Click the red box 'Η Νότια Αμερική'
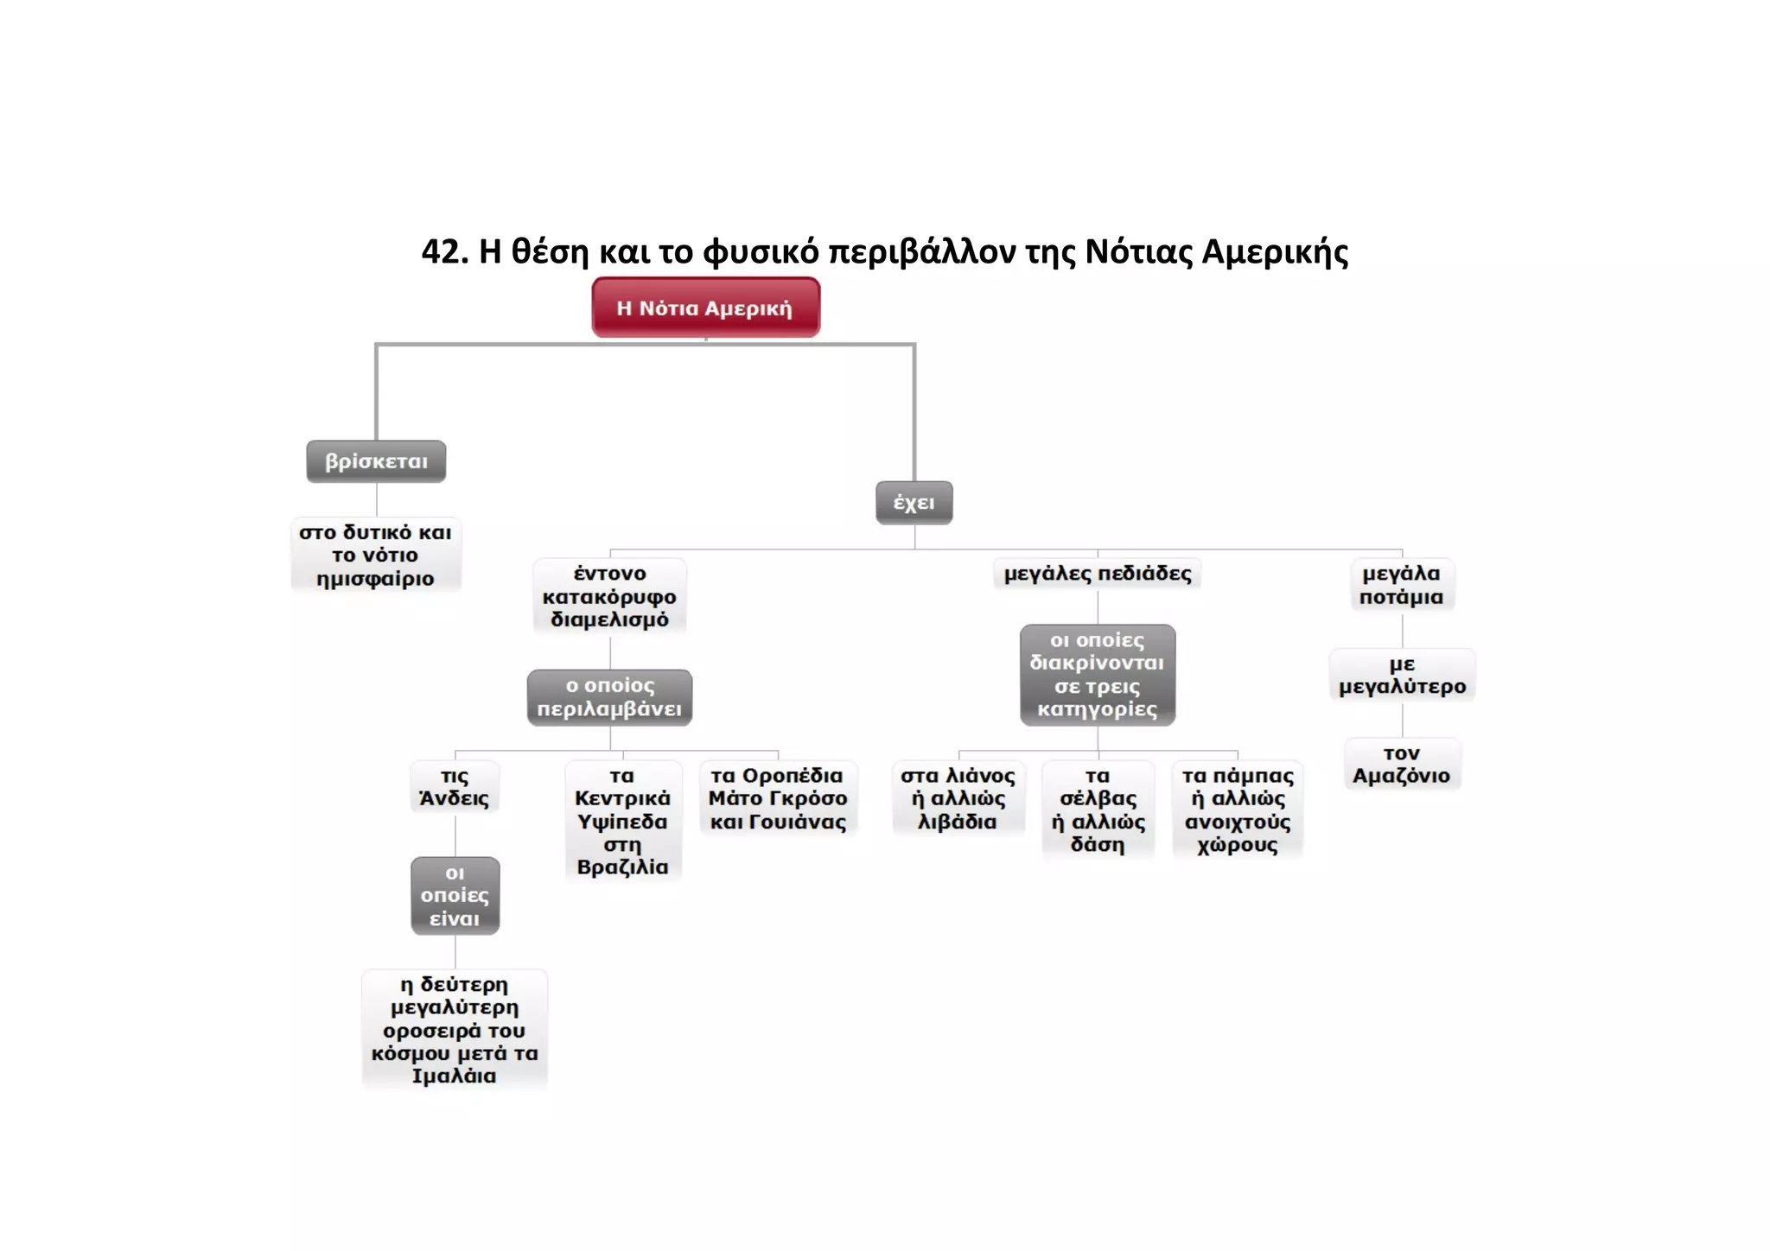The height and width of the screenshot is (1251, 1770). click(705, 308)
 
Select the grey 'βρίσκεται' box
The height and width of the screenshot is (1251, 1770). click(376, 461)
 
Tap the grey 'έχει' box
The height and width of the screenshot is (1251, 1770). click(914, 503)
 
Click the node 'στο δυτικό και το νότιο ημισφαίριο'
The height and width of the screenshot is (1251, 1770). click(375, 555)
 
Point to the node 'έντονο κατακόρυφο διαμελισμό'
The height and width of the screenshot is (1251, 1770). click(609, 596)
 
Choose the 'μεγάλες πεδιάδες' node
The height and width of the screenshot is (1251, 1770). click(1098, 574)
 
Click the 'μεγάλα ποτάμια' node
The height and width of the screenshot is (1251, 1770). click(1401, 585)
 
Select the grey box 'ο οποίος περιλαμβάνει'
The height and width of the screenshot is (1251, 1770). click(609, 697)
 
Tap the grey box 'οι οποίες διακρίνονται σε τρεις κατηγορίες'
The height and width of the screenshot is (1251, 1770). click(1097, 675)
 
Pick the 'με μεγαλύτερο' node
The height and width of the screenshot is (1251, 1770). click(1402, 676)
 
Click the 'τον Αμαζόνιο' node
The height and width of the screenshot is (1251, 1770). click(1401, 765)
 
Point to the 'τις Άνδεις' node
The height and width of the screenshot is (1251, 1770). click(455, 787)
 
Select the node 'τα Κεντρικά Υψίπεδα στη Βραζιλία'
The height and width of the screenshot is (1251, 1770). click(622, 821)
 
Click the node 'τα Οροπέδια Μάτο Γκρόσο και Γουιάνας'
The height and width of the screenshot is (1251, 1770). click(778, 798)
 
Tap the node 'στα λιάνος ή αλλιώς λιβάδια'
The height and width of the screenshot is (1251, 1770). click(958, 798)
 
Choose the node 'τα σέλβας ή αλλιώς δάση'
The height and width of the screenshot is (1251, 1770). click(1098, 810)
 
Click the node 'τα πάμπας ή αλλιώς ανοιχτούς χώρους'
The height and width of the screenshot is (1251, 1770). click(1238, 810)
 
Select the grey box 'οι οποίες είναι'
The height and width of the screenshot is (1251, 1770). click(455, 896)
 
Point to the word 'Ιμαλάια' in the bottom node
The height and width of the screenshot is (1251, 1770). click(454, 1076)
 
